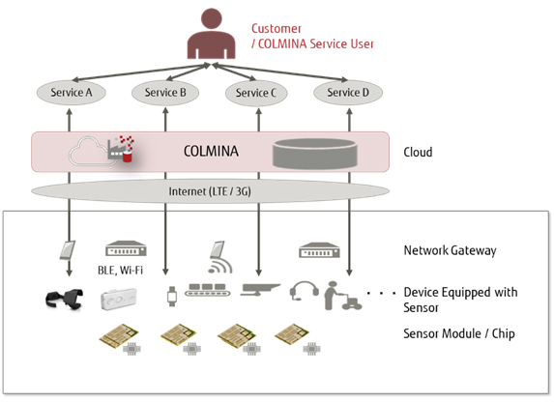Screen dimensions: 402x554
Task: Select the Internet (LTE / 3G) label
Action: coord(211,189)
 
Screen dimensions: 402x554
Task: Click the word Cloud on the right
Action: coord(418,153)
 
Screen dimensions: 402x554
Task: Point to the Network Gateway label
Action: coord(450,251)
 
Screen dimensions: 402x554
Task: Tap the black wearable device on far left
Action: coord(67,300)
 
